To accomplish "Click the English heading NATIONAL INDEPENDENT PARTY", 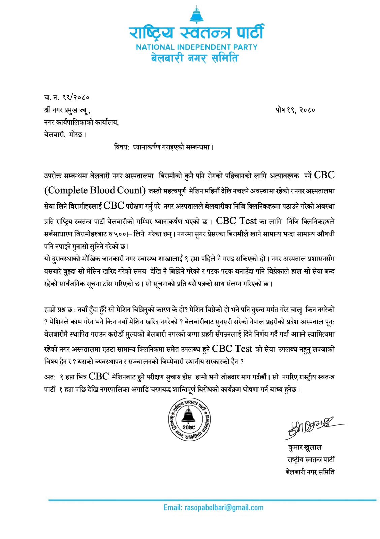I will tap(196, 47).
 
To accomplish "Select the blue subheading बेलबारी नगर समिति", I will tap(194, 58).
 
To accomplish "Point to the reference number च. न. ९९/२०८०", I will tap(66, 98).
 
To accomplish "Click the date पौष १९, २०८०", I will tap(295, 110).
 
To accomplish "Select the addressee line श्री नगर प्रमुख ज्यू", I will tap(67, 110).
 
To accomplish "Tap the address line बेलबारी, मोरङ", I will tap(65, 135).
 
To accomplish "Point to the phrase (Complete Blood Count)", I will tap(95, 191).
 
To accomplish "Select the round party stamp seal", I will tap(189, 419).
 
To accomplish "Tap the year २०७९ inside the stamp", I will tap(189, 427).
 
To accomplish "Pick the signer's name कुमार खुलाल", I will tap(305, 448).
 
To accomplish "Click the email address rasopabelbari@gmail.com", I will tap(214, 508).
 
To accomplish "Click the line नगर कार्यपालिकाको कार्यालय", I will tap(81, 122).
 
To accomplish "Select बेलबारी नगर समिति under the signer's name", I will tap(310, 472).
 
